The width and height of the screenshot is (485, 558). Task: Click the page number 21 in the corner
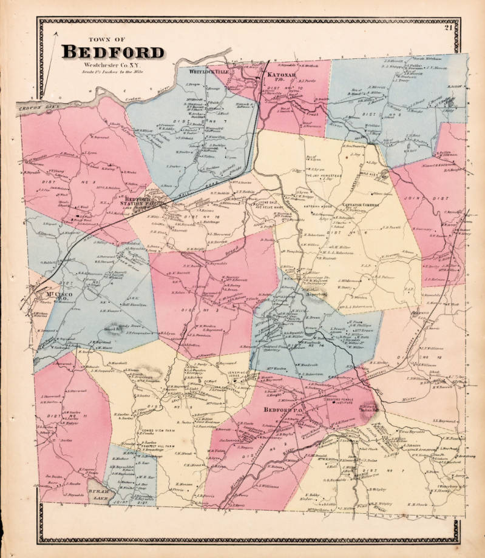tap(448, 27)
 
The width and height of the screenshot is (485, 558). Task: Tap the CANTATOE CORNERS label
tap(362, 205)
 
